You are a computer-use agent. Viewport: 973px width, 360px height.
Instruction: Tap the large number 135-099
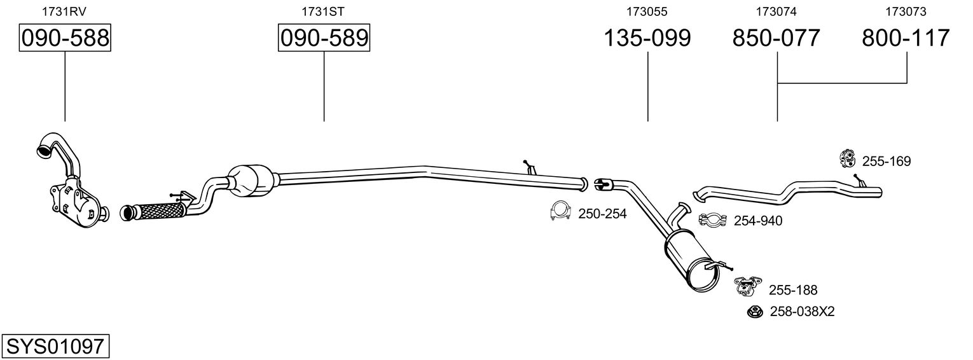click(647, 38)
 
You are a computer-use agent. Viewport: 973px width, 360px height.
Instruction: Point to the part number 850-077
click(776, 38)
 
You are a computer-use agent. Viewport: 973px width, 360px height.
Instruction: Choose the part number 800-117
click(906, 38)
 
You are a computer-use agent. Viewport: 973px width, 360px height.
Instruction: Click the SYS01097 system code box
click(55, 347)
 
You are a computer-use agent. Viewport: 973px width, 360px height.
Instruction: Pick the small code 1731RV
click(64, 11)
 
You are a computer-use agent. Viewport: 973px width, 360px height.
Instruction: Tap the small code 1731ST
click(323, 11)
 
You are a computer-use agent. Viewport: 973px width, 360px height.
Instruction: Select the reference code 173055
click(647, 11)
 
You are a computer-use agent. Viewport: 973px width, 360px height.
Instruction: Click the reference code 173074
click(776, 11)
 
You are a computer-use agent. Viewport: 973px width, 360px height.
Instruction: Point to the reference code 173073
click(906, 11)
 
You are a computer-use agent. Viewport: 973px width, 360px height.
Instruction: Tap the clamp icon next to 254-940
click(712, 220)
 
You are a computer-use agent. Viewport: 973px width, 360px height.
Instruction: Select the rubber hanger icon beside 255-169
click(847, 159)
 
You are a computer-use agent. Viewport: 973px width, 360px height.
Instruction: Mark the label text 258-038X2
click(802, 312)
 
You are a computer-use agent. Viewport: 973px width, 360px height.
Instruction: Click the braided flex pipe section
click(158, 209)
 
